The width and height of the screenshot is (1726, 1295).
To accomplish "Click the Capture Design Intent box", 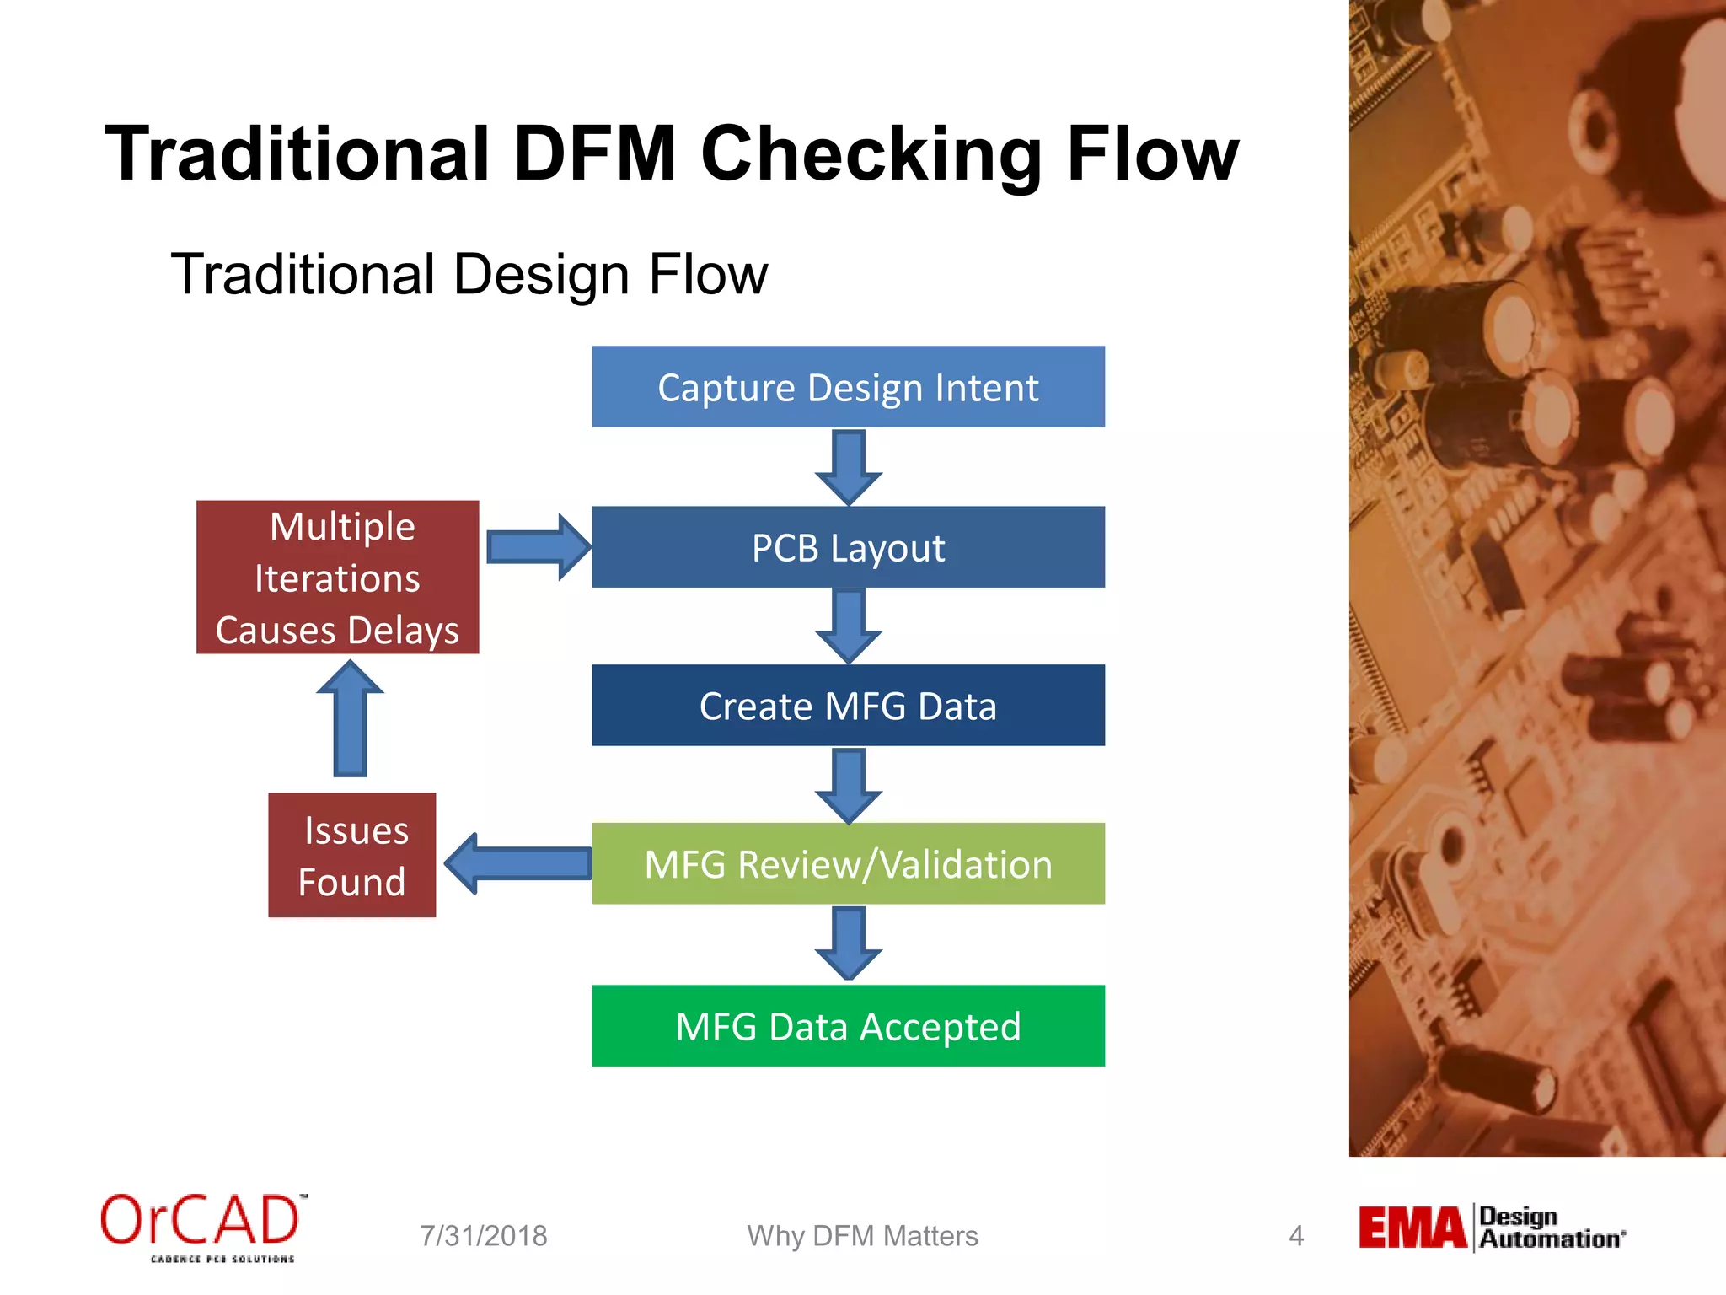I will pos(848,387).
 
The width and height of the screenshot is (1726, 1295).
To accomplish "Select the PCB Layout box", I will pos(848,547).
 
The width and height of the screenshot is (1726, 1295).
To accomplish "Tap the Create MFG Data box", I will pos(848,706).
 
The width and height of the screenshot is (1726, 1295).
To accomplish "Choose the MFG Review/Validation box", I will pos(848,864).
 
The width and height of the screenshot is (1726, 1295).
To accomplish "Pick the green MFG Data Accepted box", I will pos(848,1026).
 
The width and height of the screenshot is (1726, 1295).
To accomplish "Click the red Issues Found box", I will pos(351,855).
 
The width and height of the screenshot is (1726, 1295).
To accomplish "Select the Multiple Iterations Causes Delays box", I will pos(337,578).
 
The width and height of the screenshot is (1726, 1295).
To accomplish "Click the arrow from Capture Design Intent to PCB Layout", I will pos(848,466).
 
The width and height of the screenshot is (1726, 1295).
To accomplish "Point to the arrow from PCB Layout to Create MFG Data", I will pos(848,626).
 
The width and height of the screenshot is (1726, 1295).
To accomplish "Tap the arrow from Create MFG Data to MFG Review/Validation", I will pos(848,785).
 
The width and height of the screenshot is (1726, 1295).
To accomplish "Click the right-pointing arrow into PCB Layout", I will pos(538,547).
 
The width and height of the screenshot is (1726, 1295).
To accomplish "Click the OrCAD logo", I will pos(202,1227).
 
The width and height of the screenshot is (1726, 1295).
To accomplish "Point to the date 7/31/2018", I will pos(484,1236).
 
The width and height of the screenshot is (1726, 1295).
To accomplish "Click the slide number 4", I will pos(1296,1236).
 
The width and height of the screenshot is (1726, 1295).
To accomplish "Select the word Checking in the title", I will pos(871,154).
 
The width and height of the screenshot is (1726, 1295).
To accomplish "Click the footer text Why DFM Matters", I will pos(862,1236).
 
